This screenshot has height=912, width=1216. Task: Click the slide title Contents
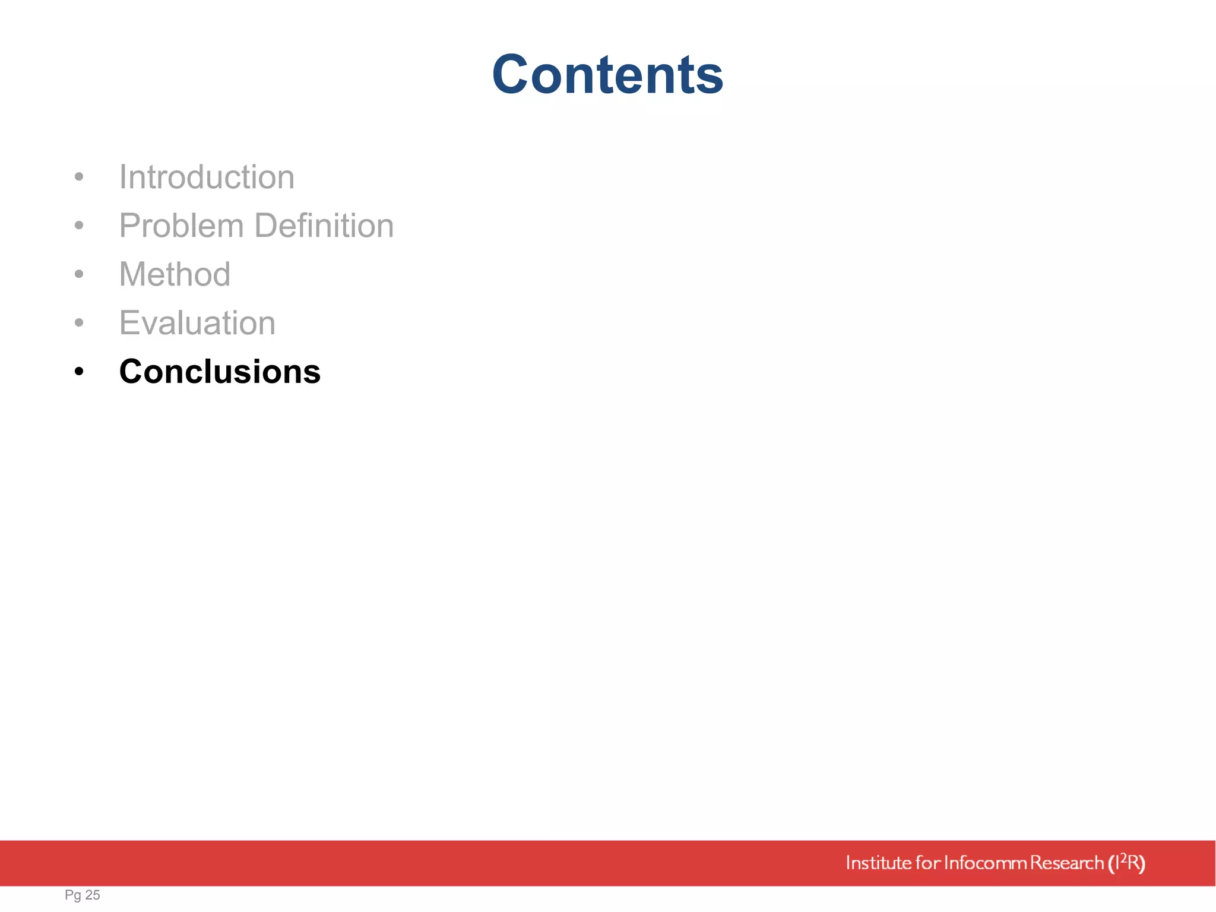click(x=607, y=74)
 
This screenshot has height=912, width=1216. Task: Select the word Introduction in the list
click(x=207, y=177)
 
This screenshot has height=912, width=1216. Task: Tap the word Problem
click(x=182, y=226)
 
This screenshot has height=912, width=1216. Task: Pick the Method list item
click(x=175, y=274)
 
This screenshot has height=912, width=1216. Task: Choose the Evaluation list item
click(x=197, y=323)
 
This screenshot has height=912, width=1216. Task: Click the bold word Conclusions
click(x=220, y=372)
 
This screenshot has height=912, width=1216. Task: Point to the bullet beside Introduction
click(x=79, y=176)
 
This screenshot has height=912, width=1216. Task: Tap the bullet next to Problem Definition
click(x=79, y=225)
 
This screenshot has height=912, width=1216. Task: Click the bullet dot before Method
click(x=79, y=274)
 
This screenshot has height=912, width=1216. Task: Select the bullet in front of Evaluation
click(x=79, y=322)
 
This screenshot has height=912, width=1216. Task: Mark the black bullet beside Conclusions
click(x=79, y=372)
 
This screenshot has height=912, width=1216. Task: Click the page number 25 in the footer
click(x=93, y=895)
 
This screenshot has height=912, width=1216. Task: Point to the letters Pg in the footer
click(x=73, y=895)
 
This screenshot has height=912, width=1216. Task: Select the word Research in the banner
click(x=1067, y=863)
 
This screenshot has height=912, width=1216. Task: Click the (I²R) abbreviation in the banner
click(x=1126, y=863)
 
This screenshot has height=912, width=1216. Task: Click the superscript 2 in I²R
click(x=1123, y=857)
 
